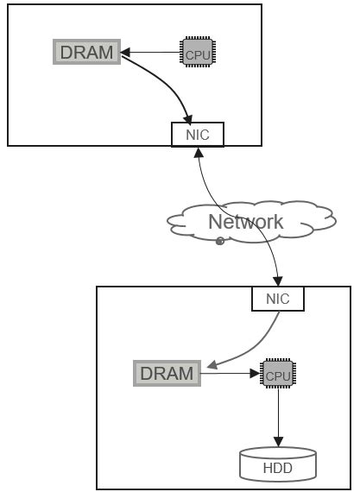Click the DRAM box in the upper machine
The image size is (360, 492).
(86, 53)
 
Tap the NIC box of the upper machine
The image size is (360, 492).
(197, 135)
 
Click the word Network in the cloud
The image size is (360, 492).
(245, 222)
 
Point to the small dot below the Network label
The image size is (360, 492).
(220, 241)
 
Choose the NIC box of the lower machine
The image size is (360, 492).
(278, 300)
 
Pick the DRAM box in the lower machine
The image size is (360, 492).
(167, 374)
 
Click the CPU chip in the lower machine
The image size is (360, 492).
(277, 375)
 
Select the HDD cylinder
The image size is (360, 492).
(277, 464)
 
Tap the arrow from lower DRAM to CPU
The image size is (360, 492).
(230, 375)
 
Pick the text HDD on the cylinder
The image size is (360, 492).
(277, 469)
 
